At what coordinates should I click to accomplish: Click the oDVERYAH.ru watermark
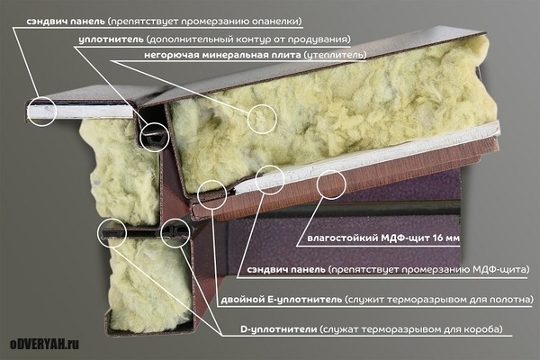pos(44,344)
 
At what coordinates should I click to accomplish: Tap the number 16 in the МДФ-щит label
pos(435,238)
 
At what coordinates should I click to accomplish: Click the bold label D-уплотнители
pos(279,329)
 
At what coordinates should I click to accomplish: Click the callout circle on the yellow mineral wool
pos(262,119)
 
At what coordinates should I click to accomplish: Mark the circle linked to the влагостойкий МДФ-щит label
pos(331,184)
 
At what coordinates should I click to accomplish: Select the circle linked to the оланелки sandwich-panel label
pos(42,112)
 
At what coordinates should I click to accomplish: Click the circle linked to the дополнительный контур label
pos(154,137)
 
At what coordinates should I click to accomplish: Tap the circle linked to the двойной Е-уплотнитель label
pos(212,194)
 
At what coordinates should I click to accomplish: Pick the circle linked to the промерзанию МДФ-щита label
pos(270,179)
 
